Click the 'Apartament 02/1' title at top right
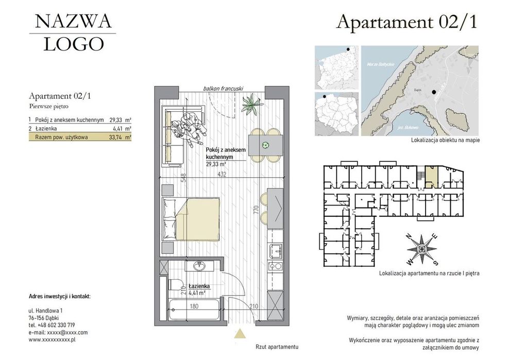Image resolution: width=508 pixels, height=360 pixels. (x=408, y=22)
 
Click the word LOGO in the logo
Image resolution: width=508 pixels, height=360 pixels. (x=73, y=45)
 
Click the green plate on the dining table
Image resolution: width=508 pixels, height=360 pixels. (x=266, y=145)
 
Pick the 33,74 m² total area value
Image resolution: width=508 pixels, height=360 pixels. (x=120, y=137)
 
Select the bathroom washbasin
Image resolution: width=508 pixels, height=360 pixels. (x=199, y=266)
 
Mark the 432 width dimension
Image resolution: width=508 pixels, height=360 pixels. (x=222, y=175)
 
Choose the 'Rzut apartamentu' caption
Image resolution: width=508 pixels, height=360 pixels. (x=277, y=347)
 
